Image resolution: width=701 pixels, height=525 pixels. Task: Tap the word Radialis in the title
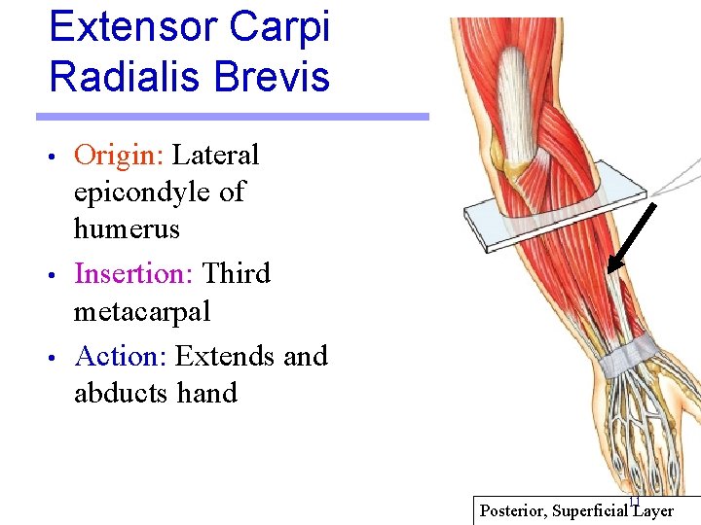tap(118, 77)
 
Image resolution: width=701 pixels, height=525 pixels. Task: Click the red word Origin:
tap(120, 156)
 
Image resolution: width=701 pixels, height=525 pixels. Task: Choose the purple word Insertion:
tap(135, 274)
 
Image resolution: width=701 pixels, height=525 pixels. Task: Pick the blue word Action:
tap(122, 356)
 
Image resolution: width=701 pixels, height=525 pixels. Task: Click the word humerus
tap(127, 229)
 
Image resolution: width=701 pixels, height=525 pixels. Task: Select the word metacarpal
tap(142, 312)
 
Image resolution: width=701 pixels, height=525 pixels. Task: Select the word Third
tap(236, 274)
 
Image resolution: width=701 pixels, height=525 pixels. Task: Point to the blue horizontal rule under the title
tap(233, 117)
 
